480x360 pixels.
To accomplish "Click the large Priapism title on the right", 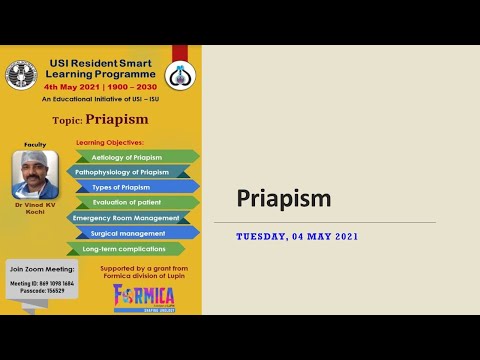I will pyautogui.click(x=283, y=199).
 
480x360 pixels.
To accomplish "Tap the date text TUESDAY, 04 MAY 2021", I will pyautogui.click(x=297, y=237).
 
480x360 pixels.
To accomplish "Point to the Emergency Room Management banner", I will pyautogui.click(x=126, y=217).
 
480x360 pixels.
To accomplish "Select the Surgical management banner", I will pyautogui.click(x=134, y=232).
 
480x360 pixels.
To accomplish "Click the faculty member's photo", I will pyautogui.click(x=35, y=175).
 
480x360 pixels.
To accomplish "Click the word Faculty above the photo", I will pyautogui.click(x=35, y=144).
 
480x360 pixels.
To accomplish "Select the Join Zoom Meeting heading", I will pyautogui.click(x=41, y=270).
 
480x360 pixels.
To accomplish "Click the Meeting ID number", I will pyautogui.click(x=42, y=282).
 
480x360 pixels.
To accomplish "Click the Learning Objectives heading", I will pyautogui.click(x=110, y=143).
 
